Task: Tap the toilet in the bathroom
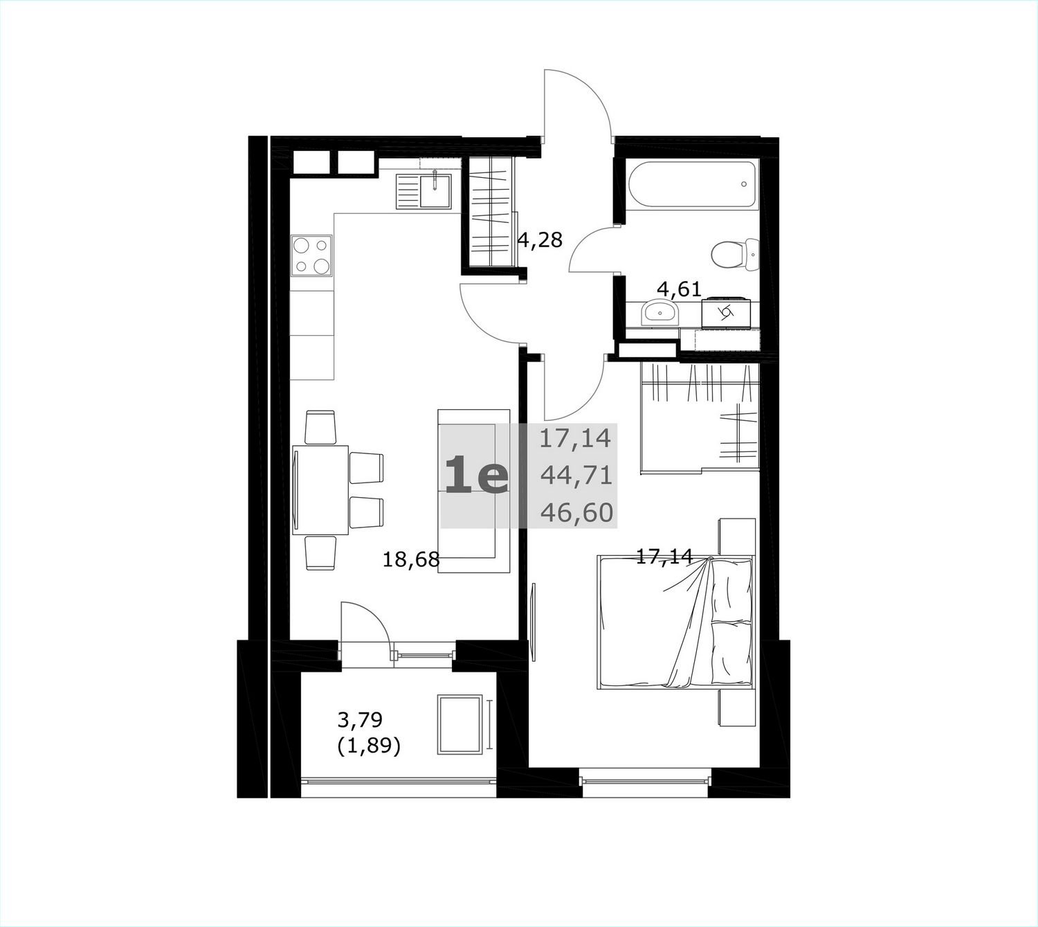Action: pyautogui.click(x=735, y=254)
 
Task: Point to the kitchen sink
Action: pyautogui.click(x=424, y=192)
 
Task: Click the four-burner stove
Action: pyautogui.click(x=311, y=256)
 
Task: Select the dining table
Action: pyautogui.click(x=320, y=490)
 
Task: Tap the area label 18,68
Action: pyautogui.click(x=412, y=559)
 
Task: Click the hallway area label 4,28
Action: pyautogui.click(x=540, y=240)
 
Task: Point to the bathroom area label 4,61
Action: pyautogui.click(x=679, y=289)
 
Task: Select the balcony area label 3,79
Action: pyautogui.click(x=360, y=720)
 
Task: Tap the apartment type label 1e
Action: pyautogui.click(x=477, y=476)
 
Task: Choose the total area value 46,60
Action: pyautogui.click(x=576, y=513)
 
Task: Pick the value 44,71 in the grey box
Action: pyautogui.click(x=576, y=476)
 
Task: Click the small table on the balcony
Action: pyautogui.click(x=460, y=724)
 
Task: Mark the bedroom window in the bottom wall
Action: pyautogui.click(x=646, y=782)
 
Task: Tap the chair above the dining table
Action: pyautogui.click(x=320, y=426)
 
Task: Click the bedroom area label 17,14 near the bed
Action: pyautogui.click(x=664, y=556)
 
